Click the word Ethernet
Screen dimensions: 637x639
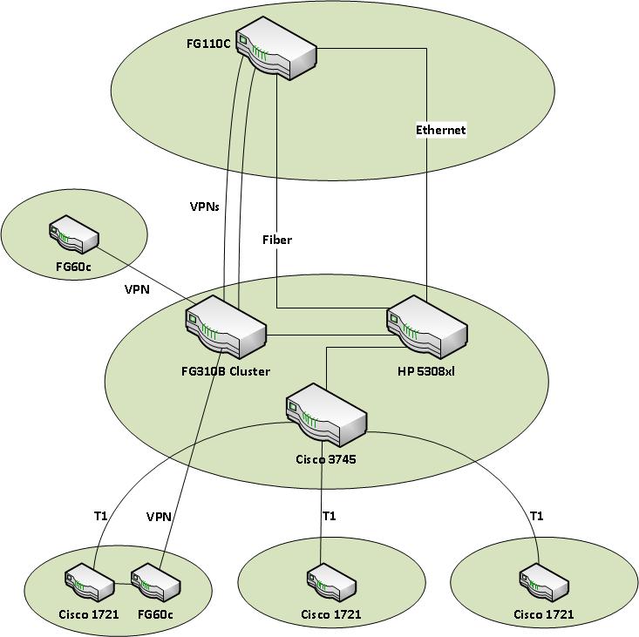click(440, 130)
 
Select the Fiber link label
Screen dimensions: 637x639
click(277, 240)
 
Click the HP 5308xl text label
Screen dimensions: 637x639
click(428, 371)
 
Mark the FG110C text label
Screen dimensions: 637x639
click(209, 44)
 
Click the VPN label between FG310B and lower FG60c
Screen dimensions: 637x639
click(159, 516)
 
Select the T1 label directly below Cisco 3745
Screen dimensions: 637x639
click(330, 516)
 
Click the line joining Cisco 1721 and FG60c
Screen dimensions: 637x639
click(123, 583)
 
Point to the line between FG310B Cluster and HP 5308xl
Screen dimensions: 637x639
click(327, 335)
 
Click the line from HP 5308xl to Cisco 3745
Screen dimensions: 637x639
click(326, 365)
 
